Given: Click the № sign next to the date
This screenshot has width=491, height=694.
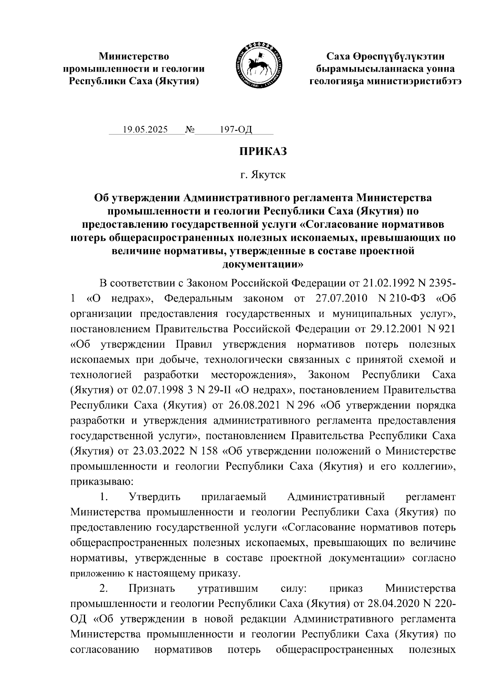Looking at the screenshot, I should (190, 130).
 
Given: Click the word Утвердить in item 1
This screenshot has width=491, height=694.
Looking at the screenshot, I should (154, 497).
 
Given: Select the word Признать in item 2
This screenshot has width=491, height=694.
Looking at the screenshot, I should (151, 588).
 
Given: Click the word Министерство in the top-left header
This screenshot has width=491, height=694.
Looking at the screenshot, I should (134, 56).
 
